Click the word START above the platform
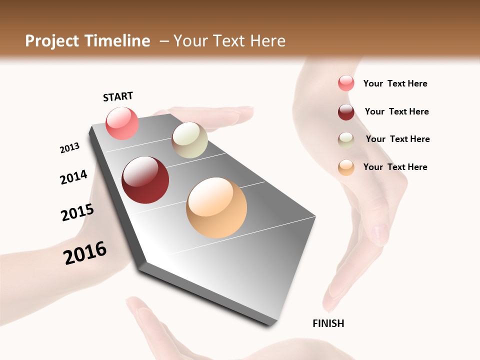point(118,96)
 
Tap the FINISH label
point(328,323)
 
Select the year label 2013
point(69,148)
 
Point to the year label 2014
point(73,177)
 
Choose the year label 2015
point(77,212)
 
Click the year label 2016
point(85,252)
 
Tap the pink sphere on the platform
point(122,123)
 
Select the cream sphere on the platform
point(189,140)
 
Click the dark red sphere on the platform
point(145,180)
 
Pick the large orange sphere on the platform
point(216,207)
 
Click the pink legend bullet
point(346,83)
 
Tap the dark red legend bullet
point(346,112)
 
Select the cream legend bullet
point(346,140)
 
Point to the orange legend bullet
point(346,167)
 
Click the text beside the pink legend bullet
point(395,83)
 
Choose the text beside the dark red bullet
point(396,111)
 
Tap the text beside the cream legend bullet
point(397,139)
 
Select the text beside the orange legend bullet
point(395,167)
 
